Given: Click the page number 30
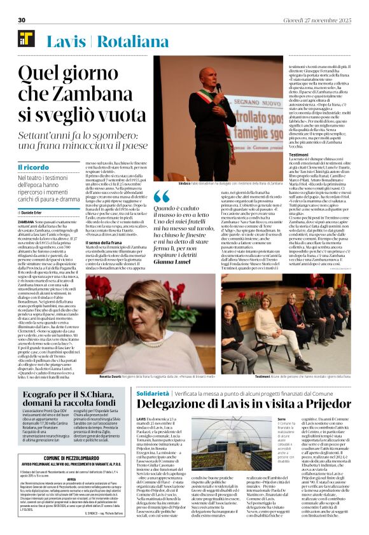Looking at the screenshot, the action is pyautogui.click(x=22, y=20).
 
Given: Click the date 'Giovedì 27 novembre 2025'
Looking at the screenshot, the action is pyautogui.click(x=325, y=20).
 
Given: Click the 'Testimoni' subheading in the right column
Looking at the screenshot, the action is pyautogui.click(x=281, y=155).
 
